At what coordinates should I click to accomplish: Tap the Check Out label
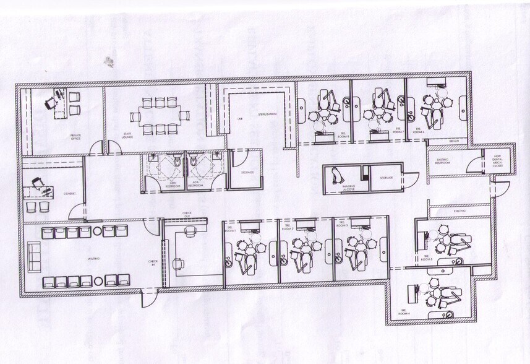point(187,214)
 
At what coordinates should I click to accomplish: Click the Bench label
point(454,142)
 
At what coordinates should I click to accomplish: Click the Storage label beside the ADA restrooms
point(247,173)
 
